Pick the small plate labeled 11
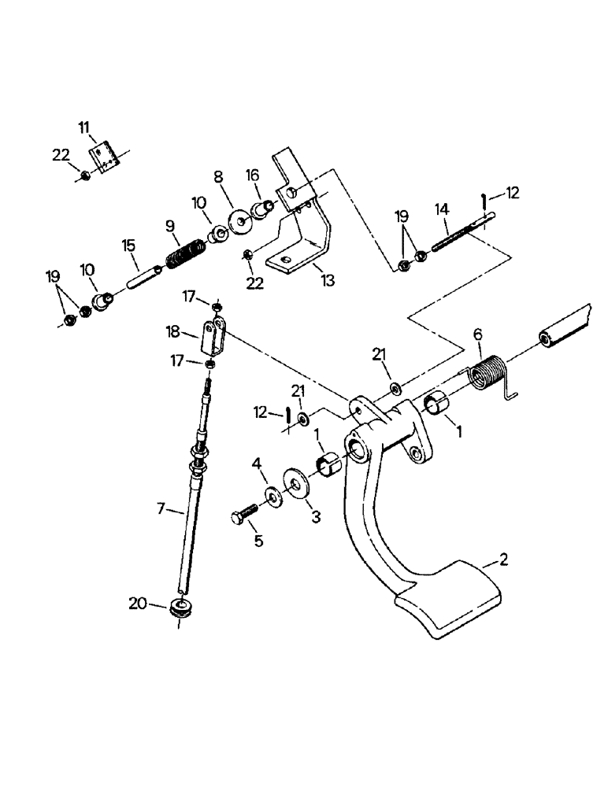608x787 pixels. (x=107, y=153)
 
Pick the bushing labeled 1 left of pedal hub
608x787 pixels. (x=328, y=461)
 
